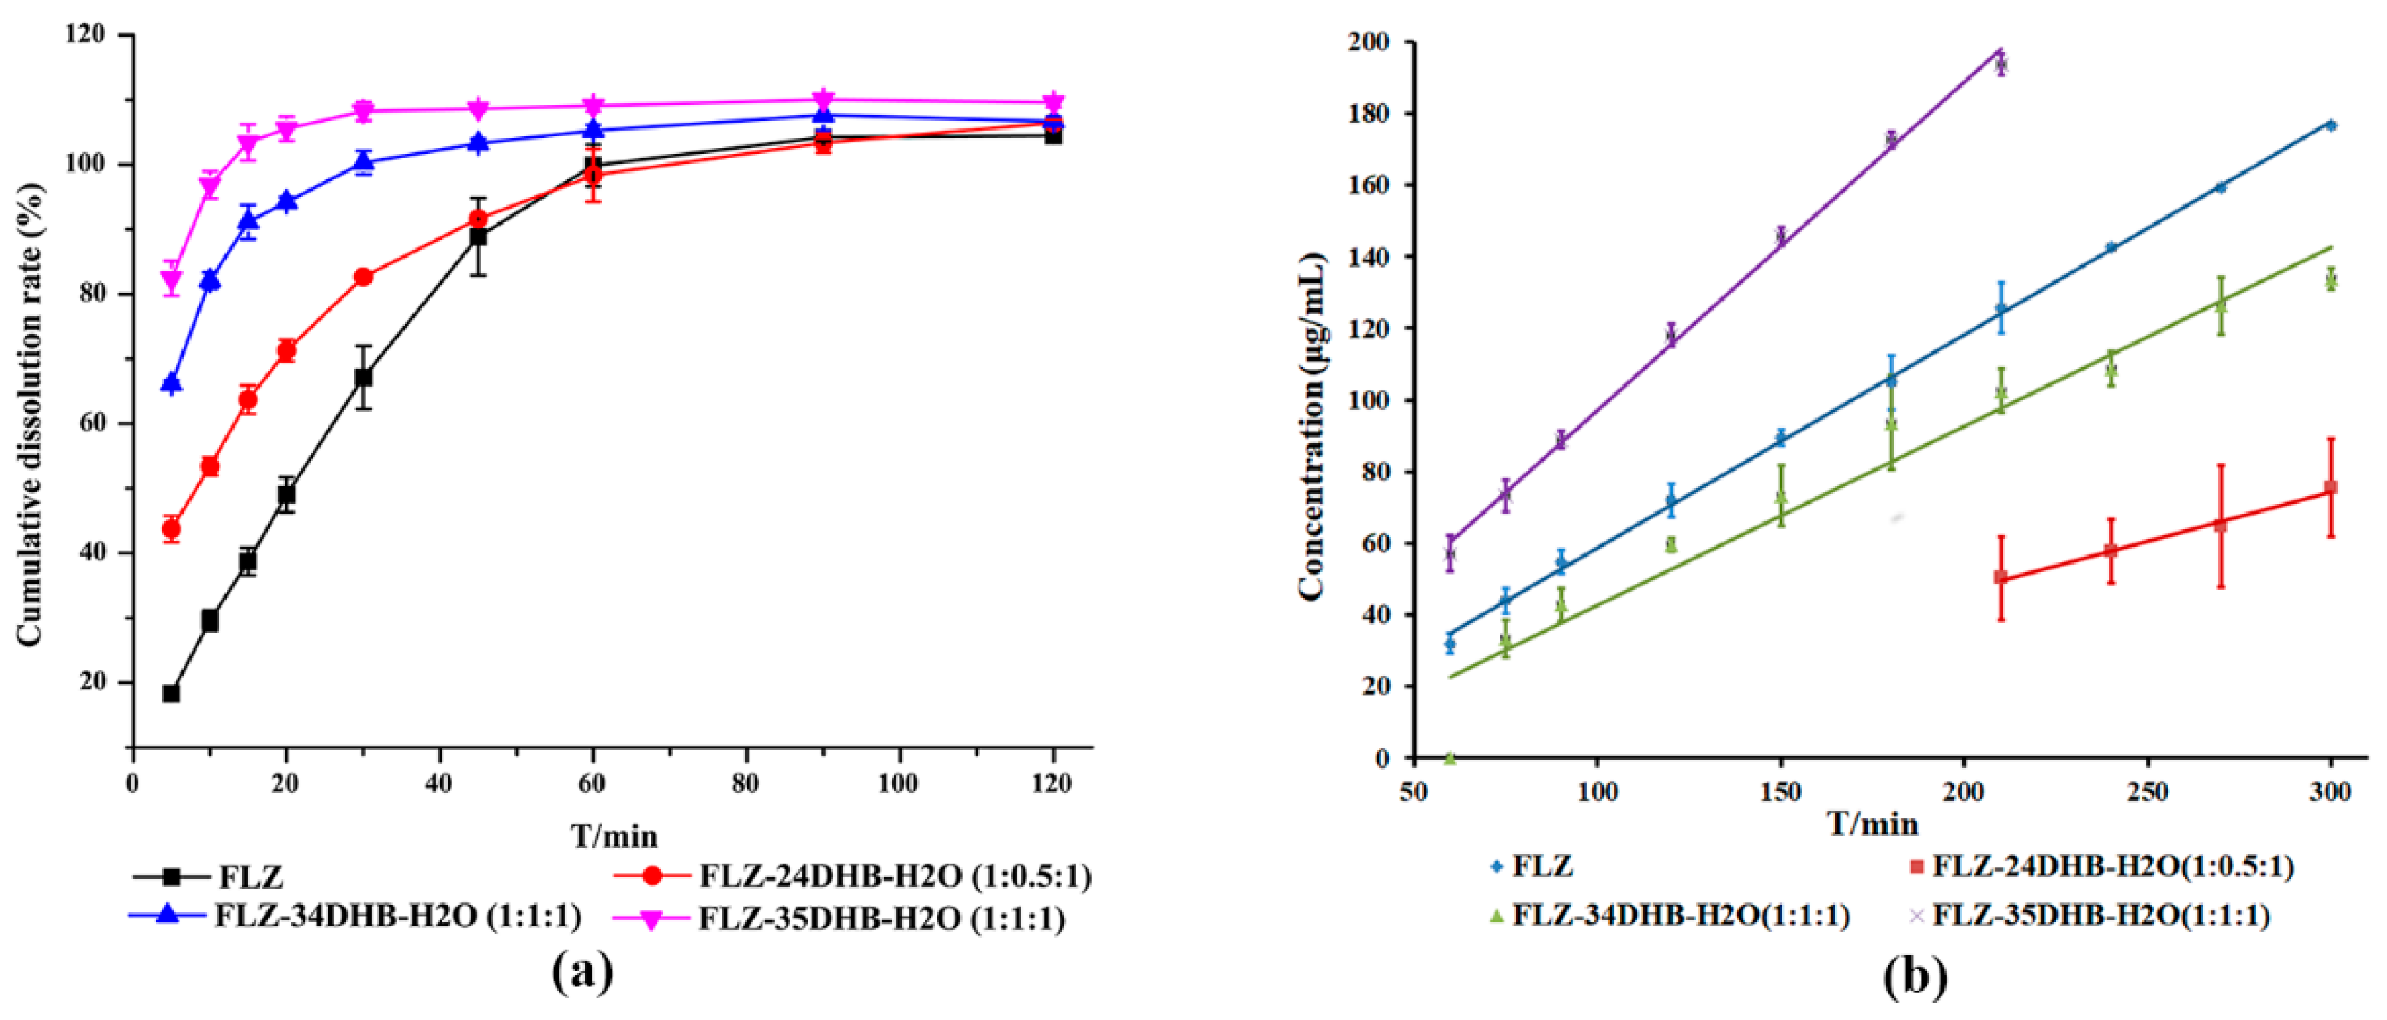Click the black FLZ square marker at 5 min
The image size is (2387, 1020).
tap(171, 693)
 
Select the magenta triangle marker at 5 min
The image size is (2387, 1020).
tap(171, 280)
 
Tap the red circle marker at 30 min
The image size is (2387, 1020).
tap(363, 277)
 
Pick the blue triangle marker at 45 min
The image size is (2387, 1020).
tap(478, 142)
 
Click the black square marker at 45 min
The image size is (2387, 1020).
tap(478, 237)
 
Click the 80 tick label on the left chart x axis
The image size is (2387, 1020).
tap(745, 784)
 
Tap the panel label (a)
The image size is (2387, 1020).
tap(582, 973)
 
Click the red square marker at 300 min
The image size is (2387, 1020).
tap(2330, 487)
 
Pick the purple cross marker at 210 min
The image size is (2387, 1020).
tap(2000, 64)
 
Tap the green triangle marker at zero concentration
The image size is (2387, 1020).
tap(1450, 757)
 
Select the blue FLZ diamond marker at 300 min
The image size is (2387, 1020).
tap(2330, 125)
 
